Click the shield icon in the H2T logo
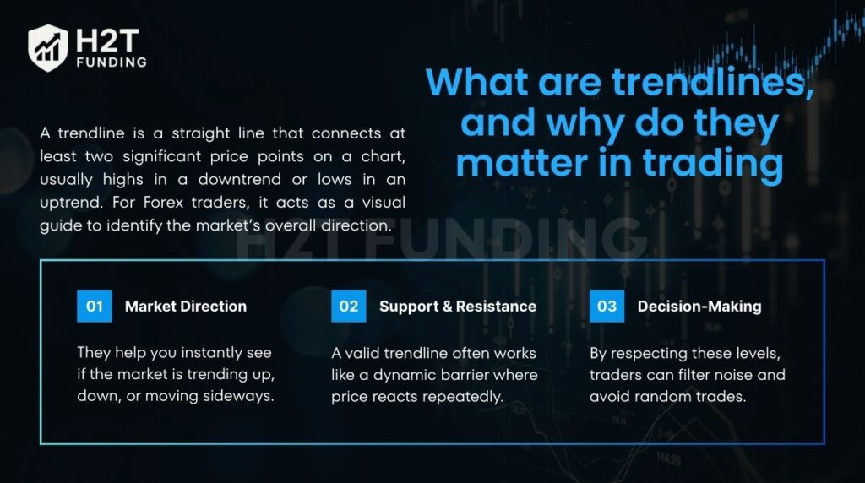48,47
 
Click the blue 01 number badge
94,306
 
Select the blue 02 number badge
348,306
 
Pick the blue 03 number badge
607,306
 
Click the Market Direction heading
186,307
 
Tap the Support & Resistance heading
457,307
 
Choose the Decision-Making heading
699,307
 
